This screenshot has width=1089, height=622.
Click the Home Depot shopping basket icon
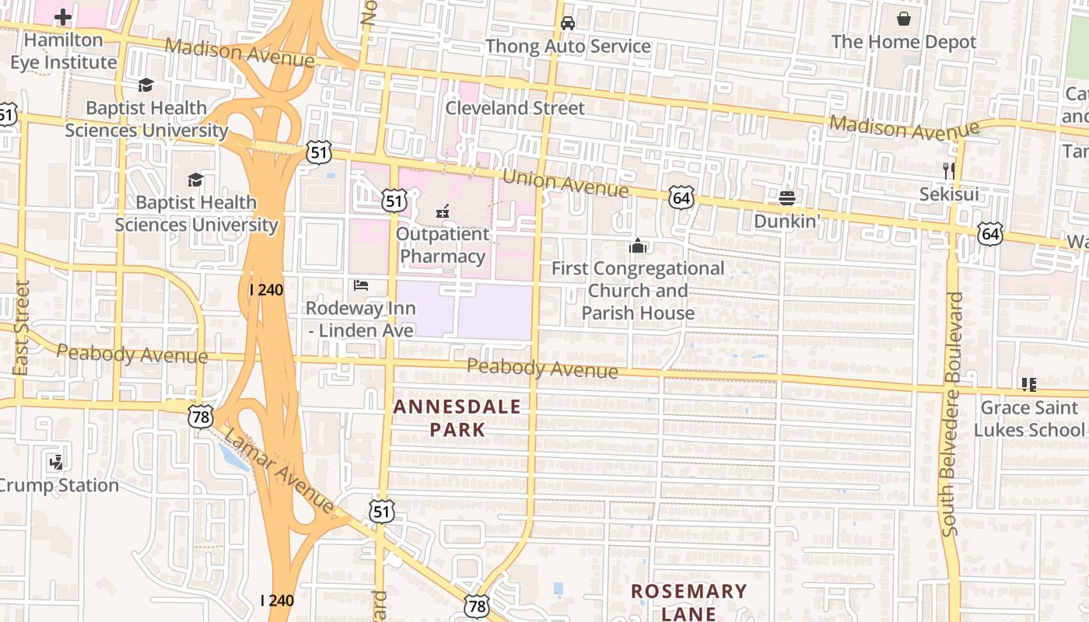904,18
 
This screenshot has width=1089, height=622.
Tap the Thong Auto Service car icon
568,23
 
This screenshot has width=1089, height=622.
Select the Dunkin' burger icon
786,197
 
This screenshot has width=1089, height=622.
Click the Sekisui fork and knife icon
948,170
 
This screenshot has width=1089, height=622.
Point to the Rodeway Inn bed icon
360,285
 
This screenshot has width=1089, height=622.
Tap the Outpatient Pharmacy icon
443,210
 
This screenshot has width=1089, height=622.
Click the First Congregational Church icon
638,246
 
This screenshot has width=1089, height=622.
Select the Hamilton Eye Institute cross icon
62,16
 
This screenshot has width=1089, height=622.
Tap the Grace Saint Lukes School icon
1028,384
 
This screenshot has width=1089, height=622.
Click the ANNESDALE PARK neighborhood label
457,418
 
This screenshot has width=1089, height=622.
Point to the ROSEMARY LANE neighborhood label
688,602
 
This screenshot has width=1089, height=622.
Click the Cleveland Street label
514,108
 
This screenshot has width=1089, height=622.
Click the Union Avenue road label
565,183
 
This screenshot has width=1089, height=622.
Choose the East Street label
22,327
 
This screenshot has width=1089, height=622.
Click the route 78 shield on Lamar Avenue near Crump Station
200,416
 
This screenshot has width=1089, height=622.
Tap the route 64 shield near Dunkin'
681,198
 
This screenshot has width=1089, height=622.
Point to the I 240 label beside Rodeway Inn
266,289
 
